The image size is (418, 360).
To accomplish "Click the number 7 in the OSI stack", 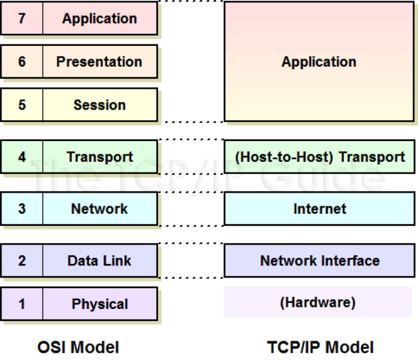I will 22,18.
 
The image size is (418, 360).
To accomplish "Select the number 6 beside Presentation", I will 22,61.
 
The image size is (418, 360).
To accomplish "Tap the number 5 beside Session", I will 22,105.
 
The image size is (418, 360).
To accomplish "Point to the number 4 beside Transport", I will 22,157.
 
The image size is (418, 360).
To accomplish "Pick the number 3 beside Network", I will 22,208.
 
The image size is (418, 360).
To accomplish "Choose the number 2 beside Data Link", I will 22,260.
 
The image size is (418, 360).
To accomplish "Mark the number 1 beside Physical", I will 22,304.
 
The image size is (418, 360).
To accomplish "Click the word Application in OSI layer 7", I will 100,18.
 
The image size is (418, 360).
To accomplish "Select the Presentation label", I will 99,61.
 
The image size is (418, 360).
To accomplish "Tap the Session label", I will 100,105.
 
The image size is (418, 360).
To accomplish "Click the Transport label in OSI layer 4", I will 100,157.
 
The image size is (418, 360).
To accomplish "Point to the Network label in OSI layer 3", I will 100,208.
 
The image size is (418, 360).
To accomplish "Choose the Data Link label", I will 100,260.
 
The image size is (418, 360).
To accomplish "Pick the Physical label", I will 100,304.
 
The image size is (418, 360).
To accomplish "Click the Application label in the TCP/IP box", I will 319,62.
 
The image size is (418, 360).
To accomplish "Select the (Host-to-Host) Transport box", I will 319,157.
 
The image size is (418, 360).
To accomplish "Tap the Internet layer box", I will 319,208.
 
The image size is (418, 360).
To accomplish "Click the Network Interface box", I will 319,260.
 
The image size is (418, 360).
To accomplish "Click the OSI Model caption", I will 78,346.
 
